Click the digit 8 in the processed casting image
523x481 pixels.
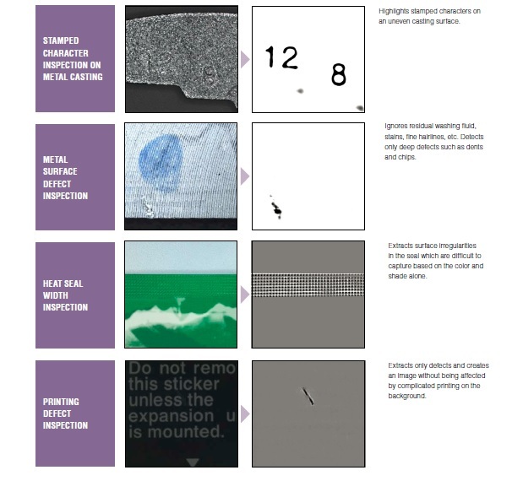point(339,74)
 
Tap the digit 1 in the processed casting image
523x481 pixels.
point(270,57)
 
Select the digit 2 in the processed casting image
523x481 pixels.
point(288,57)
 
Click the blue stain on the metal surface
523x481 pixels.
point(161,163)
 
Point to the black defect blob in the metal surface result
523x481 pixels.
point(276,209)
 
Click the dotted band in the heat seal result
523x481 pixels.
point(308,285)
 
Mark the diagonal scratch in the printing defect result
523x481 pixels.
point(308,396)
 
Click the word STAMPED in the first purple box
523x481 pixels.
point(61,41)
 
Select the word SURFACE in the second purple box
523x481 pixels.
point(60,171)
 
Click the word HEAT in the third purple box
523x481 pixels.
point(52,284)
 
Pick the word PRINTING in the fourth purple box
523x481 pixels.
point(61,402)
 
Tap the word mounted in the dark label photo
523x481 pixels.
point(186,432)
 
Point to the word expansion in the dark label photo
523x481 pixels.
point(172,416)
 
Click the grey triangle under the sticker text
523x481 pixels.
point(193,462)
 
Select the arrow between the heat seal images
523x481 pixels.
point(245,295)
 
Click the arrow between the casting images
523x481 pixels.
point(245,60)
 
